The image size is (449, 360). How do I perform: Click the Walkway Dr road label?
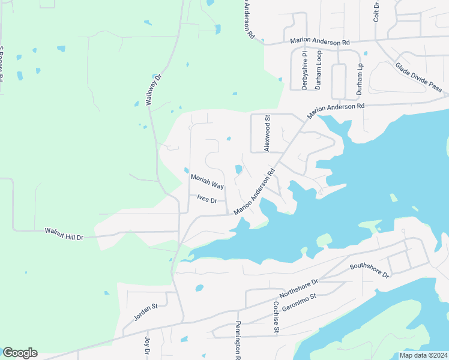tap(154, 91)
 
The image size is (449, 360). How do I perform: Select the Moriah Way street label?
tap(207, 182)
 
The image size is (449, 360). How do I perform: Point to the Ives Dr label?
tap(206, 198)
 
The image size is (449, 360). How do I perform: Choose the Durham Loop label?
tap(319, 70)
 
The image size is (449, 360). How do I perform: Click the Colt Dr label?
tap(376, 11)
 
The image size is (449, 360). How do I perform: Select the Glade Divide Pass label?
tap(419, 78)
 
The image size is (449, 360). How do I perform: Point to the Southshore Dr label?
tap(370, 270)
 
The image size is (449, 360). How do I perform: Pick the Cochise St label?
tap(276, 317)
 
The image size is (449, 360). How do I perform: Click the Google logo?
tap(20, 353)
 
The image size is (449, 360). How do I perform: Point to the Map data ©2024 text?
tap(423, 355)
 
